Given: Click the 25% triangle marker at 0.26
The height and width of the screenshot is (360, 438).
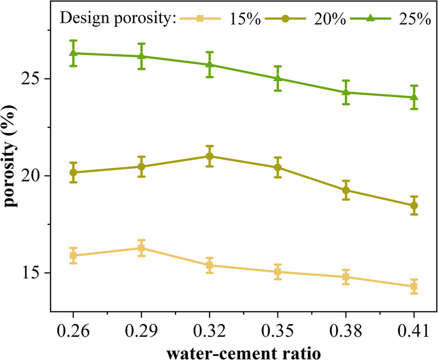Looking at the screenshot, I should pos(73,53).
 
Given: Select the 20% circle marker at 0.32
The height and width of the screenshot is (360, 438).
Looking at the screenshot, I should pos(210,156).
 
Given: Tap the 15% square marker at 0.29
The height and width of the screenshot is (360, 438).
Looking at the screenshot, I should pos(141,248).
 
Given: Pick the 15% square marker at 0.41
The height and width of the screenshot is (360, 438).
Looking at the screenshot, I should pos(414,286).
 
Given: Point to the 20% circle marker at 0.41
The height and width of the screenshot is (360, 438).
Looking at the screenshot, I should pos(414,206).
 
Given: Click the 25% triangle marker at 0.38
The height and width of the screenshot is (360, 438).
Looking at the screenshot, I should pos(346,92).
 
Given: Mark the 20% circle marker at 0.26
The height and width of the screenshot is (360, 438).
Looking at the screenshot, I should pos(73,172).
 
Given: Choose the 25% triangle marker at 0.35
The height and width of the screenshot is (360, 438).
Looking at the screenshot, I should pos(278,78).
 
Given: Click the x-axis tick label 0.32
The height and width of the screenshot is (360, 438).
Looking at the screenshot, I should pos(210,332).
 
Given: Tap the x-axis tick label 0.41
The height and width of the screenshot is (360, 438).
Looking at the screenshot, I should pos(414,332).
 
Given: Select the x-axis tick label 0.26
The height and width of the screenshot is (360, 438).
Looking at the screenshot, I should pos(73,332).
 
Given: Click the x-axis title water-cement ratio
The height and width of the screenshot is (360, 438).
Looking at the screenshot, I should pos(243,351).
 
